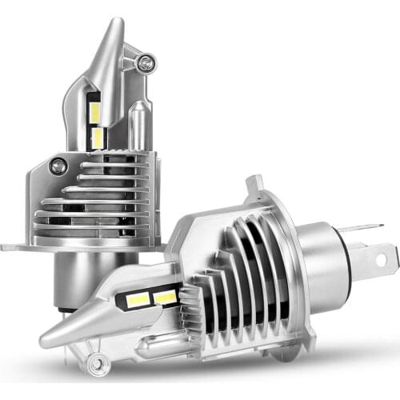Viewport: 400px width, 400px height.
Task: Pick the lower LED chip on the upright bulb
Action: [x=98, y=138]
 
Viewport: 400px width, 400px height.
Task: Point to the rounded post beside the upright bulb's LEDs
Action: [x=137, y=128]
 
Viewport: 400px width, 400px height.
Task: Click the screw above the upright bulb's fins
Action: [x=58, y=166]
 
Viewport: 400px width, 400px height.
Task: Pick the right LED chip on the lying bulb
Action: [x=164, y=298]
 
